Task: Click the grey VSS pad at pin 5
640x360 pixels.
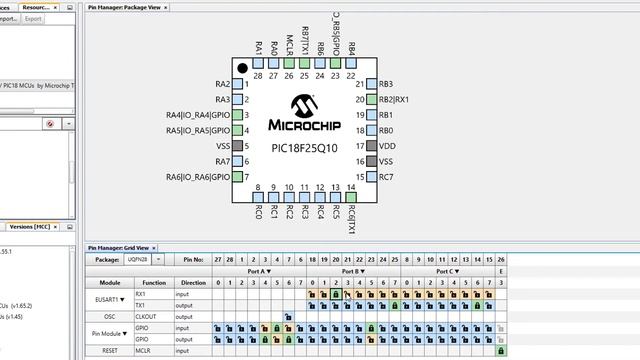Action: [237, 146]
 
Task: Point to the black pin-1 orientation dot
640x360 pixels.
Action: [242, 68]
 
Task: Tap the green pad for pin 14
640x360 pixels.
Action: [351, 174]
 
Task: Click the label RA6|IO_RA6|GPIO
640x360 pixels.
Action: [198, 177]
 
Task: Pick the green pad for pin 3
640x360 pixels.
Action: [237, 115]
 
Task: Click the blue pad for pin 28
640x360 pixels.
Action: [258, 64]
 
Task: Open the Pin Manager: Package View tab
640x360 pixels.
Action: [126, 7]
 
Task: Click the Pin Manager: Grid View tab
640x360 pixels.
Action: [119, 247]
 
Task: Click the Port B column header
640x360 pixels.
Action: [350, 271]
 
